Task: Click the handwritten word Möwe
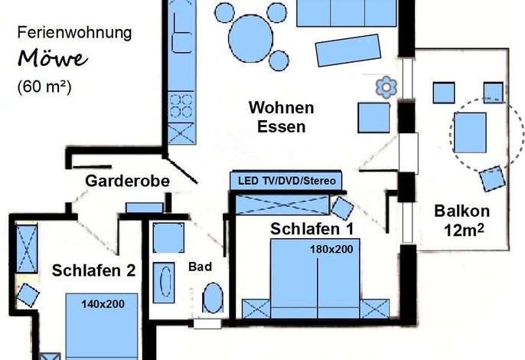coord(53,58)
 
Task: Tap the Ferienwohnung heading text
coord(75,33)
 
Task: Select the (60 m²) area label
coord(44,87)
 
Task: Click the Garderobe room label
coord(127,181)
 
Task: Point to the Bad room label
coord(200,267)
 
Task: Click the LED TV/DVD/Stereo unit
coord(286,181)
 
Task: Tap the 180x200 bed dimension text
coord(331,250)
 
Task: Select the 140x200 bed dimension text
coord(103,304)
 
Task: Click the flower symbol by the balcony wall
coord(386,87)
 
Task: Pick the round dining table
coord(250,38)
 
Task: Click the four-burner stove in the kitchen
coord(181,106)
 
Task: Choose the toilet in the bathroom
coord(213,298)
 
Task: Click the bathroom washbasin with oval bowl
coord(164,283)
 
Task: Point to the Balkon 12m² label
coord(462,221)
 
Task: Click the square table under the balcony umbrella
coord(470,133)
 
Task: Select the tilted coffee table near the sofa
coord(348,51)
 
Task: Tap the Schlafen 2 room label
coord(93,270)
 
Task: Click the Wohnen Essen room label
coord(282,117)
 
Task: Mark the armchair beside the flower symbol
coord(373,118)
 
